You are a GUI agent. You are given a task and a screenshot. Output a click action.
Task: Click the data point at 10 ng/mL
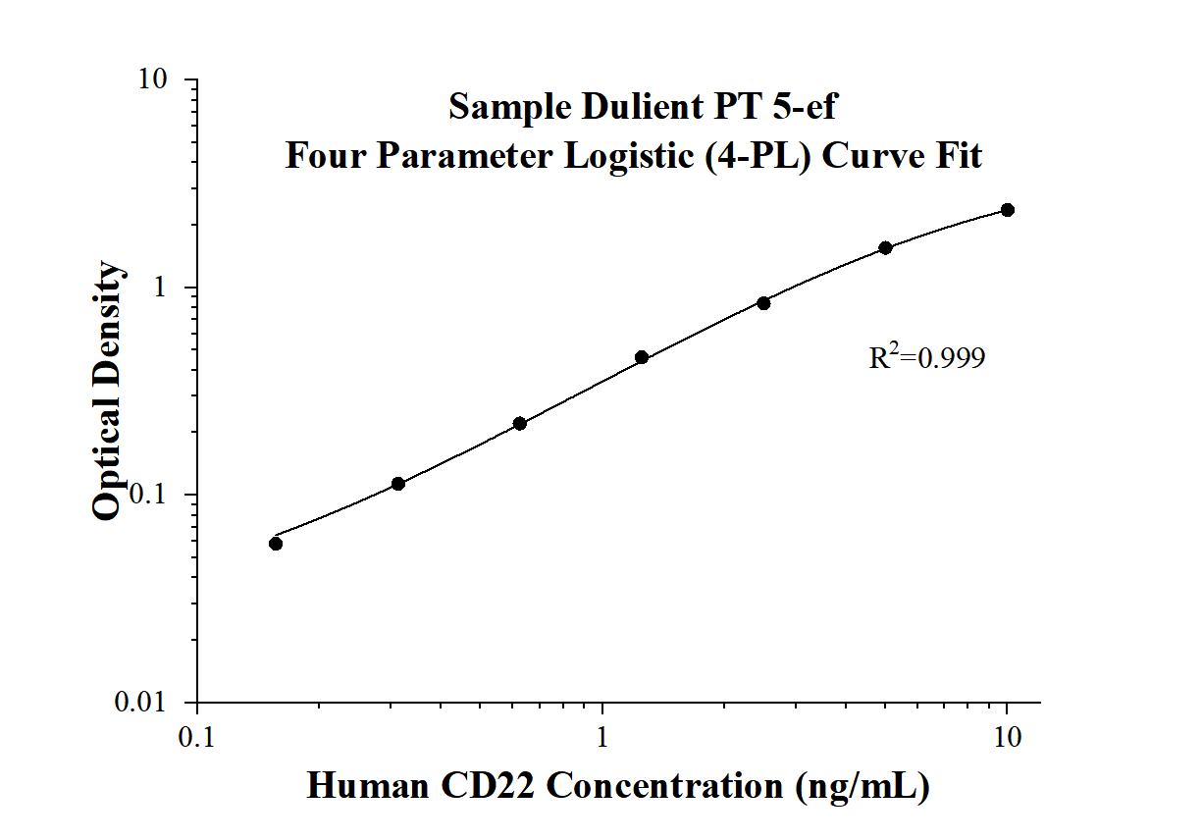pos(1008,210)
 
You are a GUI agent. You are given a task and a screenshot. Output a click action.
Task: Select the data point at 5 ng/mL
pos(885,247)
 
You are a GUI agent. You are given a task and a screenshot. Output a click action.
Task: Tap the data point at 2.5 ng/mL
pos(763,303)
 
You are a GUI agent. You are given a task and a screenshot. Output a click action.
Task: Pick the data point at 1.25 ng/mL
pos(642,357)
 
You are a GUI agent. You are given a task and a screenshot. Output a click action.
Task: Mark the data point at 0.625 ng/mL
pos(520,423)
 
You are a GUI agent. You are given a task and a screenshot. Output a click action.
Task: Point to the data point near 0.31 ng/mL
pos(398,484)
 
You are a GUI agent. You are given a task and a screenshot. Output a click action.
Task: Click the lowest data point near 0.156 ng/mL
pos(276,544)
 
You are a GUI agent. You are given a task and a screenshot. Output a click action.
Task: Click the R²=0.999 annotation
pos(926,358)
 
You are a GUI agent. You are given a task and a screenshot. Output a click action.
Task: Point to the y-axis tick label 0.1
pos(163,495)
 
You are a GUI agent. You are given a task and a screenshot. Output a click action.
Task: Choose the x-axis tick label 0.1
pos(197,736)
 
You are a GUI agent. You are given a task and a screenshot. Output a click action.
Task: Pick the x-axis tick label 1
pos(602,736)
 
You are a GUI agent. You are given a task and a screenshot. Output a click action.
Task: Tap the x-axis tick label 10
pos(1008,736)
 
